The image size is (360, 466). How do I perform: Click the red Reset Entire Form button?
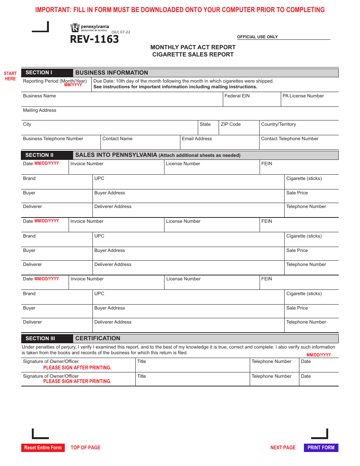pyautogui.click(x=43, y=447)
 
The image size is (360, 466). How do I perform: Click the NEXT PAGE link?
pyautogui.click(x=283, y=447)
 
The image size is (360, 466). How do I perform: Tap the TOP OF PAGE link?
pyautogui.click(x=86, y=447)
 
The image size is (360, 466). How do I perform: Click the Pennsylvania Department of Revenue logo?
pyautogui.click(x=89, y=28)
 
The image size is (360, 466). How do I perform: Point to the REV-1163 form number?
pyautogui.click(x=94, y=39)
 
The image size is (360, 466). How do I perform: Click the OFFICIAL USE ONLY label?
pyautogui.click(x=257, y=37)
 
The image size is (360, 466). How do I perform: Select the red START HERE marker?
pyautogui.click(x=10, y=76)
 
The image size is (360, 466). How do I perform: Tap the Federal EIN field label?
pyautogui.click(x=237, y=96)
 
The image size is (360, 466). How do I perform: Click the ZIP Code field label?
pyautogui.click(x=230, y=124)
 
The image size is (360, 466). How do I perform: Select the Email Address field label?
pyautogui.click(x=197, y=139)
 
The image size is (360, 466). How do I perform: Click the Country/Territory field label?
pyautogui.click(x=278, y=124)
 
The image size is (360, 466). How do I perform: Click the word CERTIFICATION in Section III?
pyautogui.click(x=98, y=338)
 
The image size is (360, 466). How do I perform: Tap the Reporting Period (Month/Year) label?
pyautogui.click(x=55, y=81)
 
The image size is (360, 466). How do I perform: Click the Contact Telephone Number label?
pyautogui.click(x=290, y=139)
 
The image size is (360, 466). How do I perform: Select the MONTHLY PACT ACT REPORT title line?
pyautogui.click(x=193, y=47)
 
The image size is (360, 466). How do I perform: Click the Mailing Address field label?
pyautogui.click(x=39, y=110)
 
